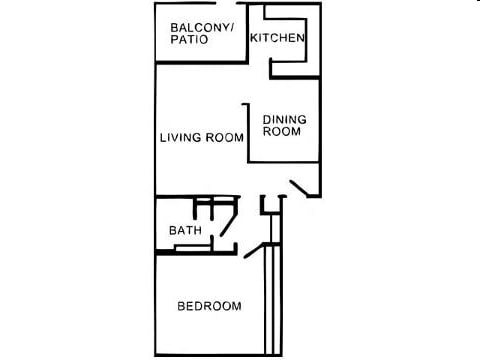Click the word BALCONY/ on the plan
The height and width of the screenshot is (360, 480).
pos(202,27)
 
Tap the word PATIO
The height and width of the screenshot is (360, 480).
pos(189,40)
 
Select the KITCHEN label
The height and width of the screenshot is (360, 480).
pos(277,38)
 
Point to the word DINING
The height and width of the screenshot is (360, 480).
pos(284,120)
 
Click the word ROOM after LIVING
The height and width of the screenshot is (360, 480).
pos(226,138)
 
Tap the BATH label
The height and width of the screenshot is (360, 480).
pos(185,230)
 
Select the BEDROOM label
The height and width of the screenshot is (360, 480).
pos(209,306)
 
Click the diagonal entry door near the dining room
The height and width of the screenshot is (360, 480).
pos(304,188)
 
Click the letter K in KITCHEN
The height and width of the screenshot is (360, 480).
pos(253,38)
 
